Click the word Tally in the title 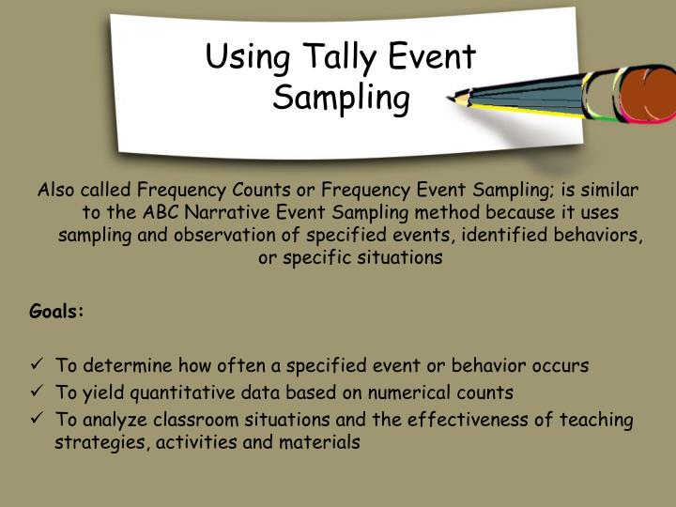tap(334, 58)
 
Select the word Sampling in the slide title tap(342, 97)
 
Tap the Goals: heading tap(57, 311)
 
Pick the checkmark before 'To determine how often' tap(37, 365)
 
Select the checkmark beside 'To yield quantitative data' tap(37, 392)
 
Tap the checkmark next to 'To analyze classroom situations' tap(37, 420)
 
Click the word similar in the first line tap(609, 189)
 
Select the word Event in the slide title tap(433, 58)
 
